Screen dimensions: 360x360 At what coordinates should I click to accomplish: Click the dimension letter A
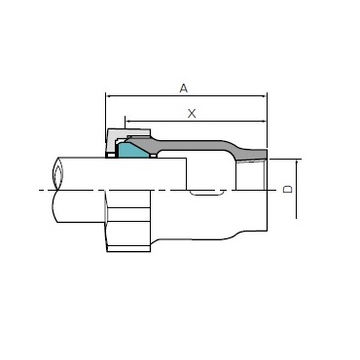tap(184, 88)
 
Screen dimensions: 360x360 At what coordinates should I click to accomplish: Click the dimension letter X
tap(192, 114)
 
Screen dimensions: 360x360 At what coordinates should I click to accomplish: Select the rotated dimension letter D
tap(288, 189)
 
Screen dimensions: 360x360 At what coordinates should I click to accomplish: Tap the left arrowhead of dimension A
tap(109, 96)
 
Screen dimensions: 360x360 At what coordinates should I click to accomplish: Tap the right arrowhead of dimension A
tap(264, 96)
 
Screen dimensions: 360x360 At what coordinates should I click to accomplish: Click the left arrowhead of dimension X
tap(127, 122)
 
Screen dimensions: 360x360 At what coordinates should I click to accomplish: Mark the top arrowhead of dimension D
tap(297, 162)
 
